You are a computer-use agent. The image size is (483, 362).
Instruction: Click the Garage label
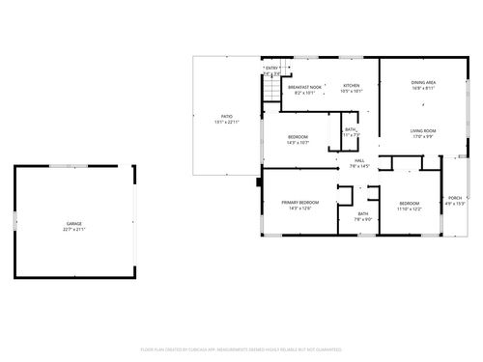(74, 224)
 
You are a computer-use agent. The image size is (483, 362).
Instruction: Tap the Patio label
(227, 117)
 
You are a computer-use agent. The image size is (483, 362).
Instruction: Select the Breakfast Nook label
(305, 87)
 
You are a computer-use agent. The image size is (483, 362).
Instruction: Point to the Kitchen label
(352, 87)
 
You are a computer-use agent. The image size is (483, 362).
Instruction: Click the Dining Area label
(423, 83)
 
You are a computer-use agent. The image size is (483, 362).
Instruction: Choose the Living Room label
(423, 130)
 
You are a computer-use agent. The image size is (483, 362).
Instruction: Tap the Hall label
(358, 160)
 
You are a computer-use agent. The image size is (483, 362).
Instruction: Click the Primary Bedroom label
(300, 203)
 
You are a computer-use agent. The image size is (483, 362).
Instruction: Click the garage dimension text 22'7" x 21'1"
(74, 230)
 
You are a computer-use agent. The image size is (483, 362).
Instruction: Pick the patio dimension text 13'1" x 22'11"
(227, 123)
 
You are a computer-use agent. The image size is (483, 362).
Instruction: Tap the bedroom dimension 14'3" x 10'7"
(298, 143)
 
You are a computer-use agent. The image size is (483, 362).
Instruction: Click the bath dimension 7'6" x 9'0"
(363, 219)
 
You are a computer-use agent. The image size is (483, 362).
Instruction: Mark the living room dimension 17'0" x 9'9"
(423, 136)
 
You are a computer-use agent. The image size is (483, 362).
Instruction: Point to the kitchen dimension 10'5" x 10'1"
(352, 93)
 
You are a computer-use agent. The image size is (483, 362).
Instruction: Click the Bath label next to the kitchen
(351, 129)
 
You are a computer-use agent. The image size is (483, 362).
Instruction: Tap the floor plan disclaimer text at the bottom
(241, 348)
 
